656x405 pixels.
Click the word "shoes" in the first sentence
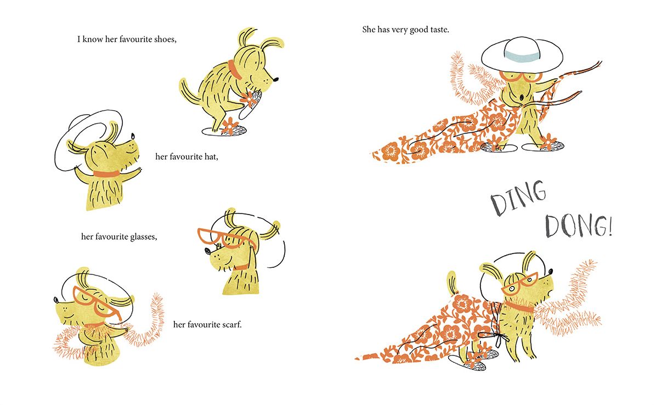coord(165,40)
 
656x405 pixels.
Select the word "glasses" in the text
coord(144,237)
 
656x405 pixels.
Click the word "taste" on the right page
coord(439,30)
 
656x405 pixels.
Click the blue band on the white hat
coord(522,55)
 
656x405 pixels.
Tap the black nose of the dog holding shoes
coord(275,79)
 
